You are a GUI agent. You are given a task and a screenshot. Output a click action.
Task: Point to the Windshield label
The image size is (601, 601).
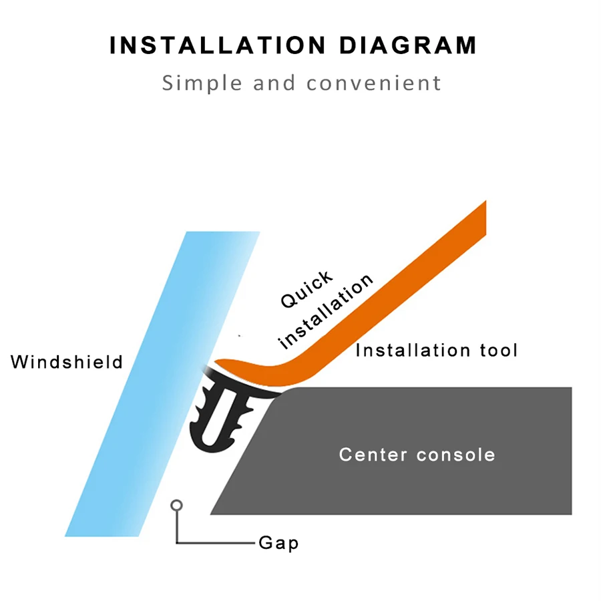point(67,362)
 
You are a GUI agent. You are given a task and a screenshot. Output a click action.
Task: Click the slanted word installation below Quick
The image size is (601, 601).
point(325,311)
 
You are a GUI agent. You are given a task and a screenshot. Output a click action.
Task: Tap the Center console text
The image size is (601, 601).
point(417,455)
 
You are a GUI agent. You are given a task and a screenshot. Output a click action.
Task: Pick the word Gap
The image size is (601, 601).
point(278,543)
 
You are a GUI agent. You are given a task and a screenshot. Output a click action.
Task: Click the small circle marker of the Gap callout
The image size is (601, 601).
point(177,505)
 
